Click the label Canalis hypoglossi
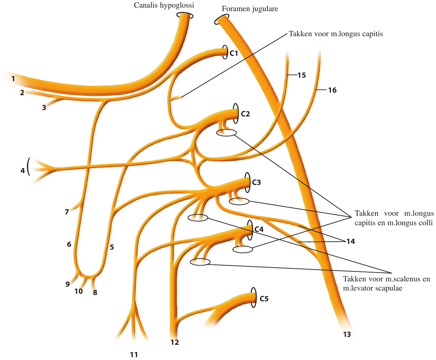pyautogui.click(x=164, y=5)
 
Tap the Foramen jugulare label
pyautogui.click(x=250, y=9)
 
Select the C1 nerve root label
pyautogui.click(x=234, y=53)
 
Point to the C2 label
pyautogui.click(x=245, y=114)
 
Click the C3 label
pyautogui.click(x=256, y=182)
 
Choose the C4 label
pyautogui.click(x=259, y=229)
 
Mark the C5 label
pyautogui.click(x=264, y=299)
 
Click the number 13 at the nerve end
pyautogui.click(x=347, y=334)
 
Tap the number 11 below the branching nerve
pyautogui.click(x=134, y=355)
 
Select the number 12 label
pyautogui.click(x=175, y=342)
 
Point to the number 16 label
pyautogui.click(x=332, y=90)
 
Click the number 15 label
pyautogui.click(x=301, y=75)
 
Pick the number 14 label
pyautogui.click(x=351, y=241)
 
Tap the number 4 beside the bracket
pyautogui.click(x=22, y=170)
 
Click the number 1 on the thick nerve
pyautogui.click(x=13, y=79)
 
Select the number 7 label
pyautogui.click(x=67, y=212)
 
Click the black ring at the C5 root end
pyautogui.click(x=253, y=298)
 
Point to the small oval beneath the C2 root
pyautogui.click(x=226, y=133)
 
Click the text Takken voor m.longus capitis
pyautogui.click(x=336, y=34)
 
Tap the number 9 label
pyautogui.click(x=67, y=284)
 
